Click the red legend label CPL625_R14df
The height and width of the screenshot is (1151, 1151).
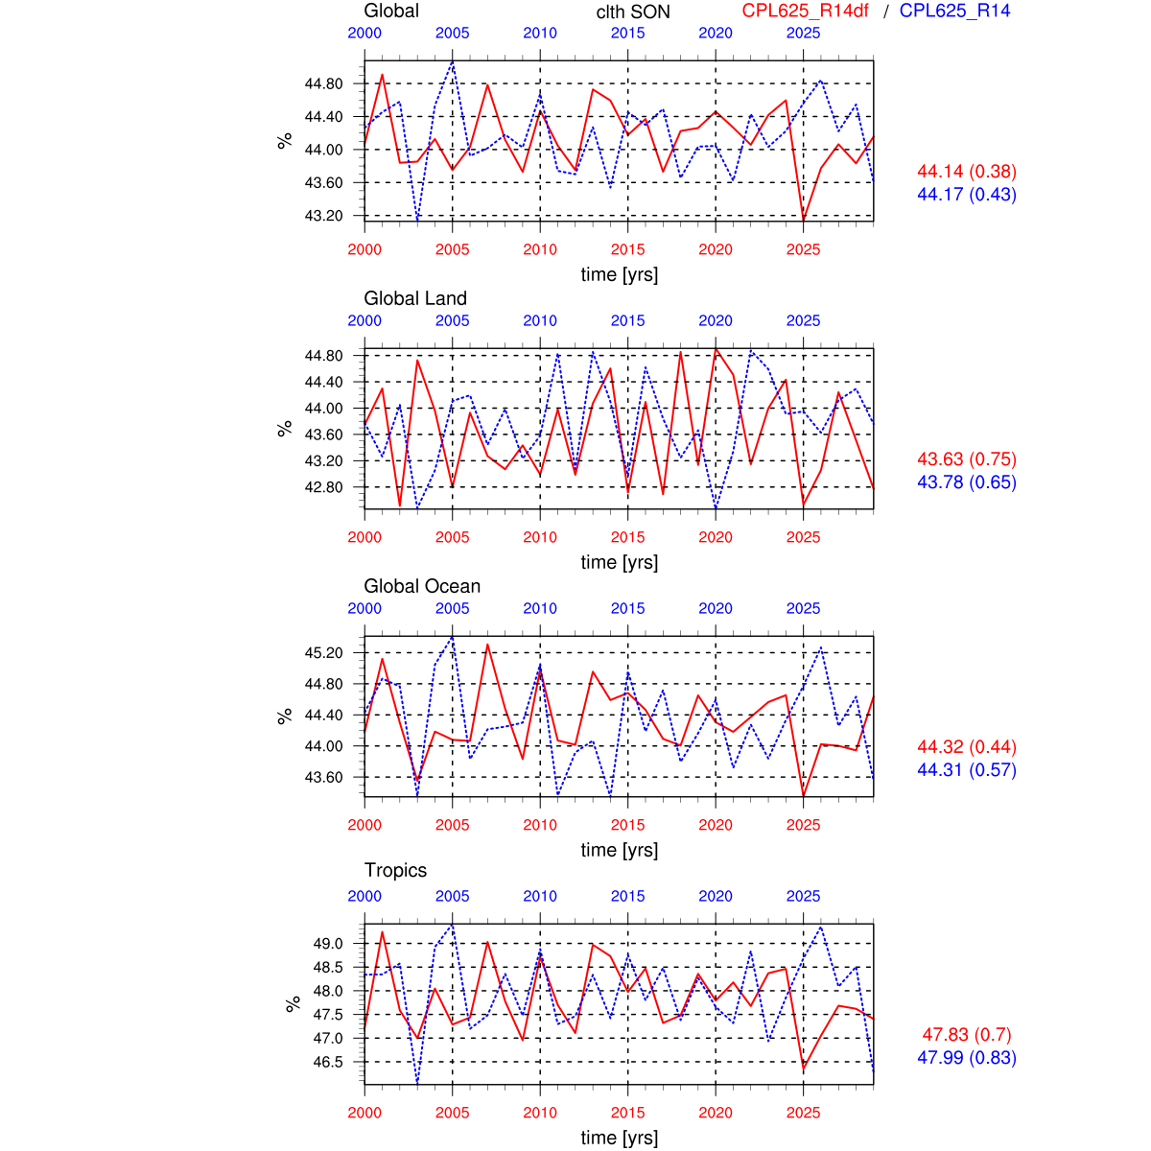tap(805, 12)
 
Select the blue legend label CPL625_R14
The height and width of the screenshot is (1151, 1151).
tap(954, 12)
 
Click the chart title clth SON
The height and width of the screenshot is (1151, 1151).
tap(633, 12)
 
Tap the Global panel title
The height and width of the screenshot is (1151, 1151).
tap(391, 12)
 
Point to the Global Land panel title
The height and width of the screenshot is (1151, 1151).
tap(415, 299)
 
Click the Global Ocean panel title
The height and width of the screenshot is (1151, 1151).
tap(422, 587)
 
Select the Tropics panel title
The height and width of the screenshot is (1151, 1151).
tap(395, 871)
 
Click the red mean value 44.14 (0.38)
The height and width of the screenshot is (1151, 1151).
tap(967, 172)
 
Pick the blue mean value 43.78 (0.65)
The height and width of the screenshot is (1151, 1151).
tap(967, 482)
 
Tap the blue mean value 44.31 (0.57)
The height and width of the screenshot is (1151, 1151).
tap(967, 770)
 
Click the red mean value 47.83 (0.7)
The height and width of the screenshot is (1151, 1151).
tap(967, 1035)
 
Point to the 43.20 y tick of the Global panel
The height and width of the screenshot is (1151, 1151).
tap(323, 216)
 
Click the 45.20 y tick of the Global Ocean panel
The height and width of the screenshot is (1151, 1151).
tap(323, 653)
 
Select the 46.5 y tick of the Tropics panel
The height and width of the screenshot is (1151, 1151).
tap(327, 1062)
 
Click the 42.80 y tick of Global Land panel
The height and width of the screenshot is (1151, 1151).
tap(323, 487)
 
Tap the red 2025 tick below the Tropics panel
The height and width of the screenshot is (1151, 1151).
tap(804, 1113)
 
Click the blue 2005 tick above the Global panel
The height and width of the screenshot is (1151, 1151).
tap(453, 34)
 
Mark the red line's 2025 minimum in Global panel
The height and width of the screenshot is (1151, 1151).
tap(804, 220)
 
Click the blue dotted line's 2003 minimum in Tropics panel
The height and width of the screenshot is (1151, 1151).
tap(417, 1083)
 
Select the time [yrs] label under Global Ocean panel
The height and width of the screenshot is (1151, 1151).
tap(620, 850)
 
